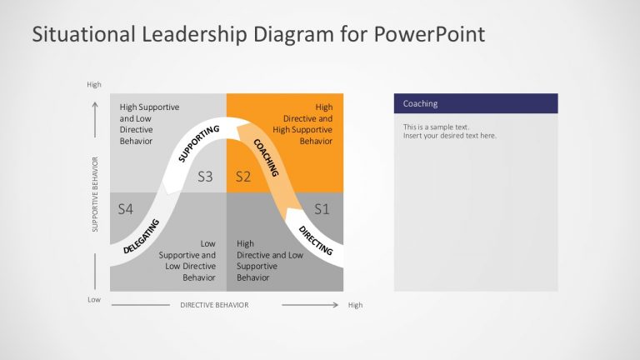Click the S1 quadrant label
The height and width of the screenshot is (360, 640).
(x=322, y=208)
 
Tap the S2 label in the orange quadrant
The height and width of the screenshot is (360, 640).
(x=242, y=177)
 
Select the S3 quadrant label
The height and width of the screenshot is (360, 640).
(x=206, y=177)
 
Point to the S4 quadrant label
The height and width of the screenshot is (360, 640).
(x=126, y=208)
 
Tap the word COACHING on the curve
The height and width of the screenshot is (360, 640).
(x=265, y=157)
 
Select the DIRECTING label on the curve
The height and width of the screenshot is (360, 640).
(x=315, y=239)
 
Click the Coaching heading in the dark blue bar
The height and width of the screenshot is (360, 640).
(x=420, y=104)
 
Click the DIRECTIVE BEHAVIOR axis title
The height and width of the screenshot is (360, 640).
(x=214, y=305)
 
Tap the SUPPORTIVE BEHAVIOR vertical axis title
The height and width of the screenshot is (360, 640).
(x=96, y=194)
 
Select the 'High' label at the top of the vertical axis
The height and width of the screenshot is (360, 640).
(x=93, y=84)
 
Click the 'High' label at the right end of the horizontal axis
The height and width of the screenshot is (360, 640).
(x=355, y=305)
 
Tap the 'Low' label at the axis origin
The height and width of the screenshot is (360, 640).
(x=93, y=299)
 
